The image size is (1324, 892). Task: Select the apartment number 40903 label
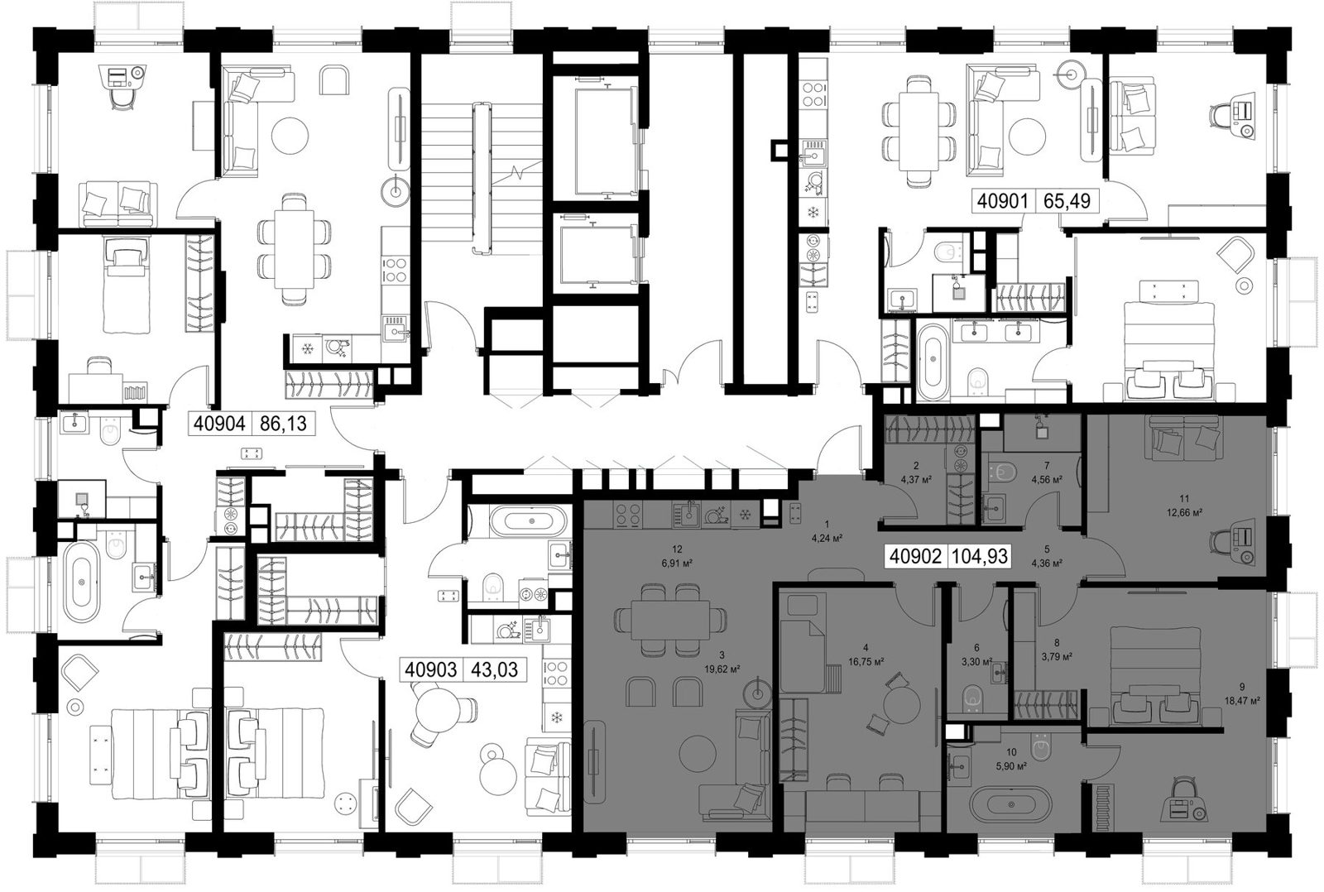point(431,669)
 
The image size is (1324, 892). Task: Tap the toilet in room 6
point(971,699)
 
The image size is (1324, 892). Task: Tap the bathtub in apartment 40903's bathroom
point(532,520)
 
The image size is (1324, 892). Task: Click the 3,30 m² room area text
point(976,662)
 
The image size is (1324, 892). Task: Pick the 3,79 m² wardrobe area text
point(1057,655)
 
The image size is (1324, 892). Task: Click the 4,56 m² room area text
point(1047,479)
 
